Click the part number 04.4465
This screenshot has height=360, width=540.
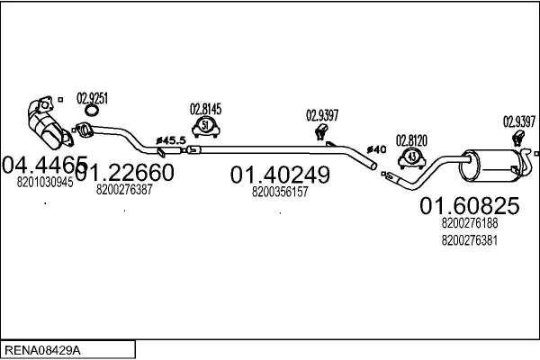point(45,165)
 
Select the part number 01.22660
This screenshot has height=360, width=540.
point(124,172)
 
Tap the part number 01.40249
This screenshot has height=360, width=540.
point(280,175)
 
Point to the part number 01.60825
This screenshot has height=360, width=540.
point(470,206)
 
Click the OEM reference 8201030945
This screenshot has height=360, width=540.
point(45,182)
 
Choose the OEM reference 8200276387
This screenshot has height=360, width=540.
point(124,190)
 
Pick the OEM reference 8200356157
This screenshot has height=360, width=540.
point(280,192)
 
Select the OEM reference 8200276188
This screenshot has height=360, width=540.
point(470,223)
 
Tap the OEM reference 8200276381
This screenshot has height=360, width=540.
point(470,240)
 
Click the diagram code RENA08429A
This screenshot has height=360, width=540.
point(42,350)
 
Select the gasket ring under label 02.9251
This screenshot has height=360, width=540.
point(92,110)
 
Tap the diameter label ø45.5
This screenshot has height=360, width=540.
point(171,140)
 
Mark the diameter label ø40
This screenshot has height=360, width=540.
point(376,149)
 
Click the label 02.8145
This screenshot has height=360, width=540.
point(205,109)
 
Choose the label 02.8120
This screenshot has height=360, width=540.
point(411,140)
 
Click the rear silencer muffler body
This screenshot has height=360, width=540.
point(489,166)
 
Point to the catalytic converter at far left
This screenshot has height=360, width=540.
point(49,123)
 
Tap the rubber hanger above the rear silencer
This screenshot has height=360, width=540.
point(517,138)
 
